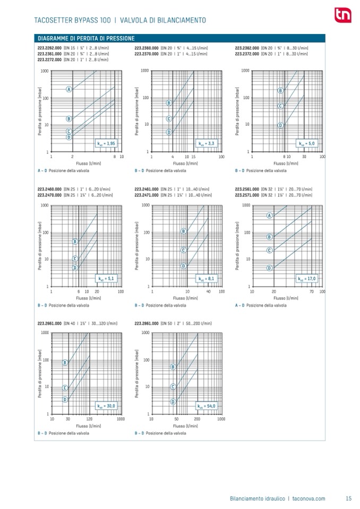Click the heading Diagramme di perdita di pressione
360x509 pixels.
pos(85,38)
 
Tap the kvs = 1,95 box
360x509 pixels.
pos(108,143)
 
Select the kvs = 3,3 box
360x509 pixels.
pos(208,143)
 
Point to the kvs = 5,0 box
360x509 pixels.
pos(308,143)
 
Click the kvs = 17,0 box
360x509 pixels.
pos(307,278)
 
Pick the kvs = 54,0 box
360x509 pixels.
pos(207,406)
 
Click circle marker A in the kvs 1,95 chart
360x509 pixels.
pos(69,89)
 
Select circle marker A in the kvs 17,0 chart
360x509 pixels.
pos(269,215)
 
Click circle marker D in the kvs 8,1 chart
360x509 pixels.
pos(183,266)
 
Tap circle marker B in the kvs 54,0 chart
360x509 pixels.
pos(173,367)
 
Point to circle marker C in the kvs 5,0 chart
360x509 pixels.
pos(280,106)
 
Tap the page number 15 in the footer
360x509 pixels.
pos(348,498)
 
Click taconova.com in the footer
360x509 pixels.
pos(308,498)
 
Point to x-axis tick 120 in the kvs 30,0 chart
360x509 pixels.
pos(89,419)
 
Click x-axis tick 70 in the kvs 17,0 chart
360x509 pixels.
pos(312,291)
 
